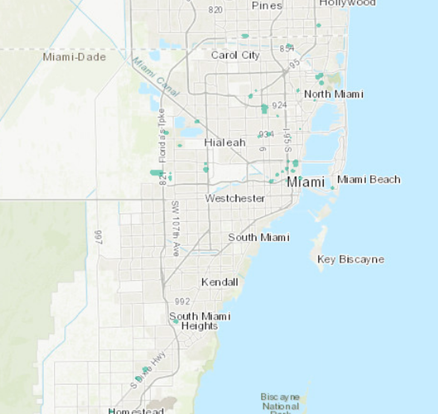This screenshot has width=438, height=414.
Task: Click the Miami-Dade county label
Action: point(74,57)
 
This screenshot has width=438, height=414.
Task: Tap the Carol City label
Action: point(236,55)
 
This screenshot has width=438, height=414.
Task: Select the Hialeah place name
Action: point(225,142)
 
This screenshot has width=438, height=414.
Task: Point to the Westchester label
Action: point(235,199)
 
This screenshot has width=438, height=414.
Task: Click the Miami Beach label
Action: point(369,179)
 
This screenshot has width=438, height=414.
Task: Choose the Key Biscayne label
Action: point(351,260)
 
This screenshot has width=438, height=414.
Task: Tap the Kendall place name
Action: point(220,282)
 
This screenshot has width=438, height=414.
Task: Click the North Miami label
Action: point(333,94)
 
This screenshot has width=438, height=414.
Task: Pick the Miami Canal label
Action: point(156,76)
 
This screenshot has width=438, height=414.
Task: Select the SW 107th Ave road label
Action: point(176,229)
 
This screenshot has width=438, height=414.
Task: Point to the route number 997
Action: point(99,237)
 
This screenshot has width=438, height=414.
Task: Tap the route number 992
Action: point(182,301)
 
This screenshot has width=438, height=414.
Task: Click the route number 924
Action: point(279,105)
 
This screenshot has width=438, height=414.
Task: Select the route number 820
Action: point(216,10)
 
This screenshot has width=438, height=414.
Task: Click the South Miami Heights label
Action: point(200,321)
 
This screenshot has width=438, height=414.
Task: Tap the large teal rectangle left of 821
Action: point(156,172)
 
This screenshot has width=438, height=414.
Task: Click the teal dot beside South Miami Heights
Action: point(176,321)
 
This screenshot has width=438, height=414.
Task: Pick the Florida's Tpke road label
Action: point(161,136)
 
